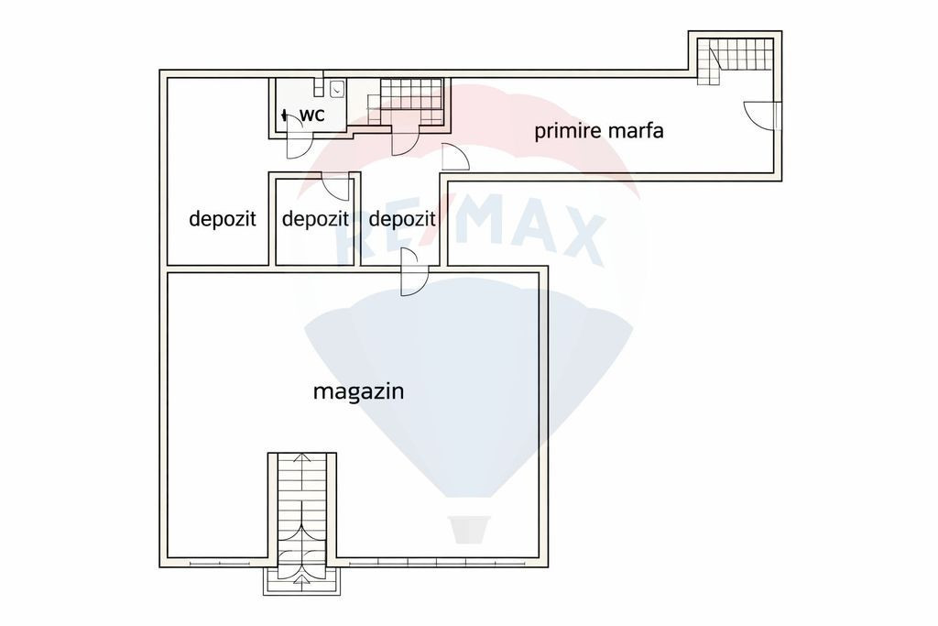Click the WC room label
click(x=311, y=115)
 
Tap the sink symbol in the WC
click(x=337, y=89)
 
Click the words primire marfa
click(x=599, y=130)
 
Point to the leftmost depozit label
click(x=223, y=218)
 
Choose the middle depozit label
click(x=315, y=218)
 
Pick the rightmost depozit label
click(x=402, y=218)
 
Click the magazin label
click(x=359, y=391)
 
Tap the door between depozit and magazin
click(x=414, y=271)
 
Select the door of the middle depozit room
click(x=335, y=185)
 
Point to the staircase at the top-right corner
click(x=736, y=60)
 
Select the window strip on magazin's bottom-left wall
click(x=220, y=563)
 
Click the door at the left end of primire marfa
click(x=455, y=157)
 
